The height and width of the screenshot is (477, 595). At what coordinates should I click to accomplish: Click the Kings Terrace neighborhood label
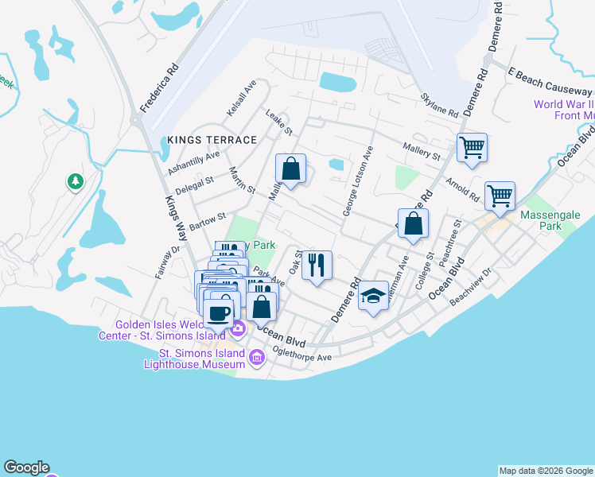pos(212,140)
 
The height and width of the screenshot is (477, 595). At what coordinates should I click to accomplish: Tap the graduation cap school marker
pos(373,297)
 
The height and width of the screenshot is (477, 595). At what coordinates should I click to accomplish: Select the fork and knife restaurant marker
pos(317,266)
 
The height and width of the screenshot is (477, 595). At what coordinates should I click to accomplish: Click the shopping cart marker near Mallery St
pos(472,148)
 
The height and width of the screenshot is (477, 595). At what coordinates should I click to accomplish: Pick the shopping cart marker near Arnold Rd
pos(500,196)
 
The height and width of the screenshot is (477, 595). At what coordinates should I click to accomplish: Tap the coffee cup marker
pos(219,311)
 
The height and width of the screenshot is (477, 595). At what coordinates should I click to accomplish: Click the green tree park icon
pos(76,182)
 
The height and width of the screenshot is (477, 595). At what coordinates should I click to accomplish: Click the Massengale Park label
pos(551,220)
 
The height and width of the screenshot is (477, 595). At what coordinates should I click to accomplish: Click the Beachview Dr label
pos(471,297)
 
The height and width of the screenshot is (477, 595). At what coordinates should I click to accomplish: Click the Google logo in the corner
pos(26,467)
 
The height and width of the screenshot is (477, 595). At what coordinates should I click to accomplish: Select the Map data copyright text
pos(546,471)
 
